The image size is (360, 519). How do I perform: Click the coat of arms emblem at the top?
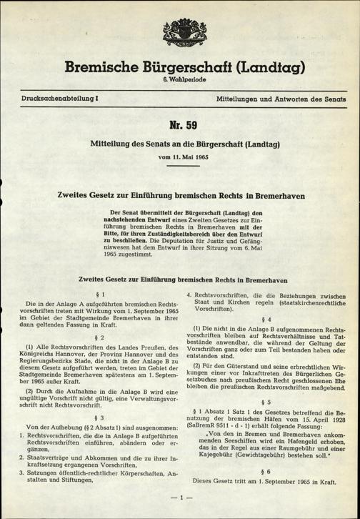tap(178, 33)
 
